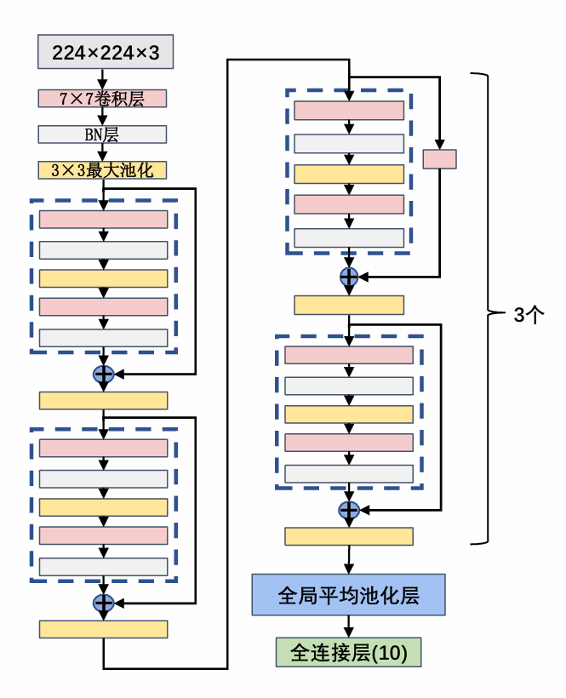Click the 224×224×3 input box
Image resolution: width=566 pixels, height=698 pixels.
(106, 53)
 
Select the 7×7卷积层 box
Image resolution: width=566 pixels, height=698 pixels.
(102, 99)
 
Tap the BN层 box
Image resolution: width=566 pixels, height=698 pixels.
(102, 134)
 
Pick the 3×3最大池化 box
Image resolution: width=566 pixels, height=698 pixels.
(102, 170)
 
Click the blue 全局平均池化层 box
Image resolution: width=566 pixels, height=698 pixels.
(348, 594)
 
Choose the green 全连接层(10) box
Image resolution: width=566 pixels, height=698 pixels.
(348, 653)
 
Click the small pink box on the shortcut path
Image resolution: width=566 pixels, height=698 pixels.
(439, 159)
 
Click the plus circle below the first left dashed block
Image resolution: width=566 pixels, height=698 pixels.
(103, 374)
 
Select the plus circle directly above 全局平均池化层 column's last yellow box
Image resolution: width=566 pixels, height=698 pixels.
(349, 510)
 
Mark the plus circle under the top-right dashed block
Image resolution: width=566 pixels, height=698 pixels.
(349, 276)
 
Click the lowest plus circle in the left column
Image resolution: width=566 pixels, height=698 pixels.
(103, 603)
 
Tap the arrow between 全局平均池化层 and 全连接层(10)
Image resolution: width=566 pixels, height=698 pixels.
(349, 626)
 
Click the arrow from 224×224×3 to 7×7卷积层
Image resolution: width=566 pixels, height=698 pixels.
(102, 79)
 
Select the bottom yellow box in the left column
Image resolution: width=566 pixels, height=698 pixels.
(103, 629)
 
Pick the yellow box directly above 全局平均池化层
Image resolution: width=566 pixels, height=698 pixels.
(349, 536)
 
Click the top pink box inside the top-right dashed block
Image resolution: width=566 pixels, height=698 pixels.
(349, 111)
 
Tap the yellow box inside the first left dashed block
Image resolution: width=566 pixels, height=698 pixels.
(103, 278)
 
